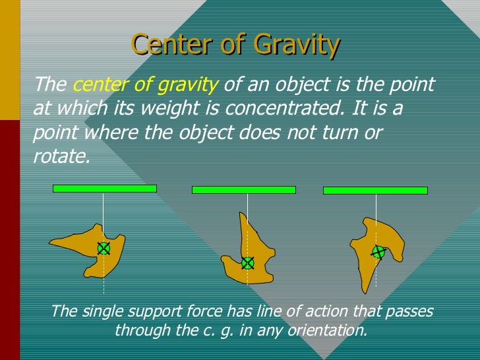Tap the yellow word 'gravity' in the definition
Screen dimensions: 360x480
(192, 84)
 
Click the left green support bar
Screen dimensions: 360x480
(104, 189)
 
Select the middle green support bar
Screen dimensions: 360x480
(243, 190)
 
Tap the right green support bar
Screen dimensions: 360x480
(375, 191)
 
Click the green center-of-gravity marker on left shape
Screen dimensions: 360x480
(104, 248)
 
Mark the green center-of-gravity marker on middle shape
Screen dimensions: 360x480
(247, 263)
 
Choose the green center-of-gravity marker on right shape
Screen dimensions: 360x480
(378, 252)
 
